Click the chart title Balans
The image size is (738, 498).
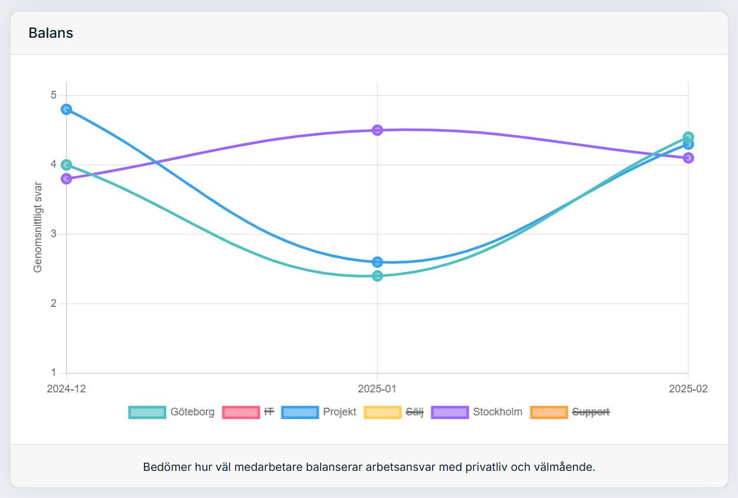tap(51, 33)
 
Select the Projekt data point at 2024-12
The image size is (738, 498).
tap(67, 109)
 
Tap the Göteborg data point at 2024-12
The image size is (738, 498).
tap(67, 165)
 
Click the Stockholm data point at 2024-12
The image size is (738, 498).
tap(67, 179)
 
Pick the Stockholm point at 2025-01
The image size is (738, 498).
tap(378, 130)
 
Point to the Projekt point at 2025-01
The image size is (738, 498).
tap(378, 262)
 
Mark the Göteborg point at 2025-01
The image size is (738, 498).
tap(378, 276)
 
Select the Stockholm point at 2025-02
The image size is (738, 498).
tap(688, 158)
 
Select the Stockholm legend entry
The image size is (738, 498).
tap(498, 412)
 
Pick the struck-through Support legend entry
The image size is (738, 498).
tap(591, 412)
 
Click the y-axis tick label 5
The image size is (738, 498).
tap(54, 95)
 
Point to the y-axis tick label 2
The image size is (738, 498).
tap(54, 303)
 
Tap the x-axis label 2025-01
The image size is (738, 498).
tap(377, 389)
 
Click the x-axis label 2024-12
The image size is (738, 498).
tap(67, 389)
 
